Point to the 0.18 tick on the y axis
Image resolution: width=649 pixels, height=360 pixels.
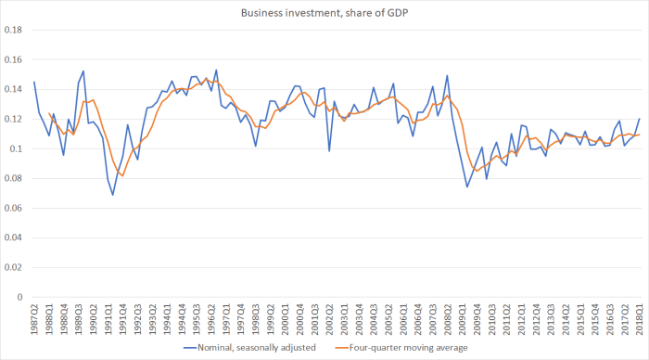coord(13,30)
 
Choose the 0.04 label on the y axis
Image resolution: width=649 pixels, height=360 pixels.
coord(13,238)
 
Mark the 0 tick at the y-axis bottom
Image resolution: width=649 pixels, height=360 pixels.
coord(20,298)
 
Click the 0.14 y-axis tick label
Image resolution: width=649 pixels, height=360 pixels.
coord(13,89)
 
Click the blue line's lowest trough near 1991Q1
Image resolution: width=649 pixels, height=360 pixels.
coord(113,195)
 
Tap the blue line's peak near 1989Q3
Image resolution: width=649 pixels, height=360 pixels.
coord(83,71)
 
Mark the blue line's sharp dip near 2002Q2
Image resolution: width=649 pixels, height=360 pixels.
coord(329,151)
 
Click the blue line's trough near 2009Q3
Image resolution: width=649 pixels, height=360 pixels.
coord(467,186)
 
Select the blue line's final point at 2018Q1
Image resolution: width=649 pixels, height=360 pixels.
coord(640,119)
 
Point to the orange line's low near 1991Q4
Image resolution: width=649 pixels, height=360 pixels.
coord(122,176)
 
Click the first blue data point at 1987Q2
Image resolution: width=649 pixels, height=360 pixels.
coord(34,82)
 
